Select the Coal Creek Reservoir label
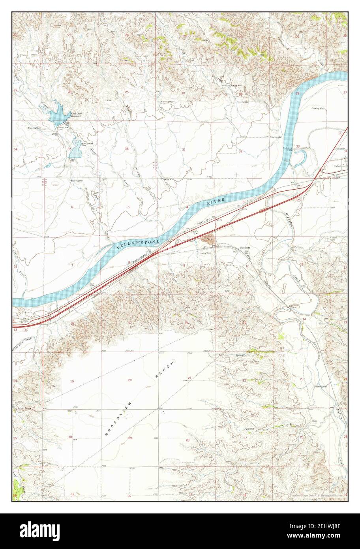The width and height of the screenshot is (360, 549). [x=76, y=115]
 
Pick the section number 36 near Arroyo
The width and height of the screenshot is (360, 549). [x=127, y=149]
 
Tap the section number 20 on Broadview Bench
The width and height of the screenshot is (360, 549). [x=130, y=380]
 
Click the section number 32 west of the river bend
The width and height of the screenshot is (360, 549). [x=240, y=151]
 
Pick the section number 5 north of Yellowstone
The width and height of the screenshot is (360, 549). [x=128, y=207]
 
